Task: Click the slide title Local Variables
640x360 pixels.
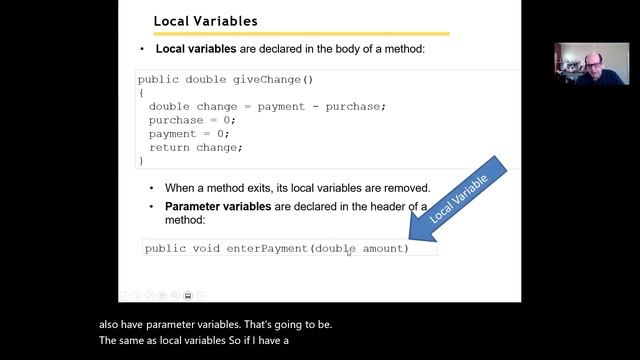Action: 205,21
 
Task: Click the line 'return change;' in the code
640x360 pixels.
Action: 196,147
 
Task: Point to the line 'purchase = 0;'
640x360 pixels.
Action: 189,120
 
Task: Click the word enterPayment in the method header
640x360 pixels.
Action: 267,248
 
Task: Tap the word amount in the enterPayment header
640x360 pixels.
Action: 385,248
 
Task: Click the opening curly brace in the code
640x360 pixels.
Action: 141,93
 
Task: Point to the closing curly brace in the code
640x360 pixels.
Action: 141,160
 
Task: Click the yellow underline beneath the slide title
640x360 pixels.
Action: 300,34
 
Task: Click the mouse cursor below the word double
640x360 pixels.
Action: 348,254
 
